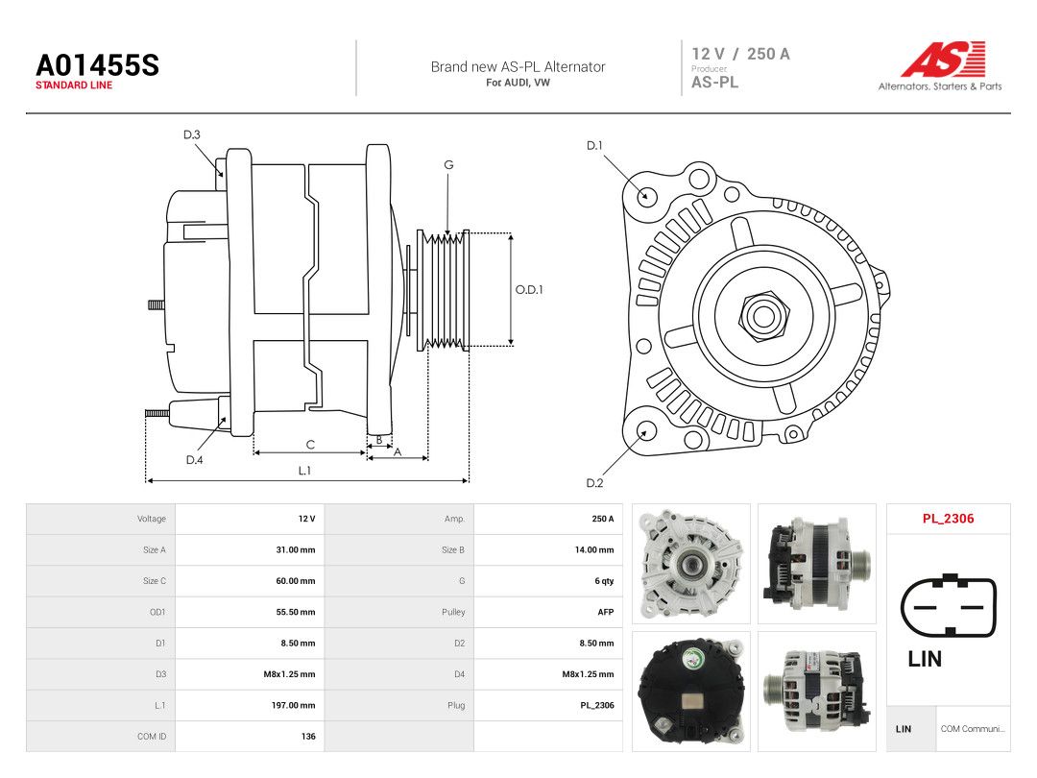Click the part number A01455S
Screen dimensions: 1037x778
pyautogui.click(x=97, y=65)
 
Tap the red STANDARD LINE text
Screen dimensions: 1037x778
pyautogui.click(x=74, y=85)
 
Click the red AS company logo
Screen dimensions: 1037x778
pyautogui.click(x=943, y=60)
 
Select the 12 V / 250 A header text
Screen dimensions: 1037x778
pyautogui.click(x=740, y=54)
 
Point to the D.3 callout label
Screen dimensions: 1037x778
pyautogui.click(x=192, y=135)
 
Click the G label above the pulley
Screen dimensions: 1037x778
pyautogui.click(x=449, y=165)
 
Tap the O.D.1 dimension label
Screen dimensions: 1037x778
pyautogui.click(x=529, y=290)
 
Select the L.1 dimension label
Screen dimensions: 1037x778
pyautogui.click(x=304, y=471)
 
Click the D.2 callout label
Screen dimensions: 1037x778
pyautogui.click(x=594, y=483)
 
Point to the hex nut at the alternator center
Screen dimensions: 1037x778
pyautogui.click(x=763, y=316)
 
